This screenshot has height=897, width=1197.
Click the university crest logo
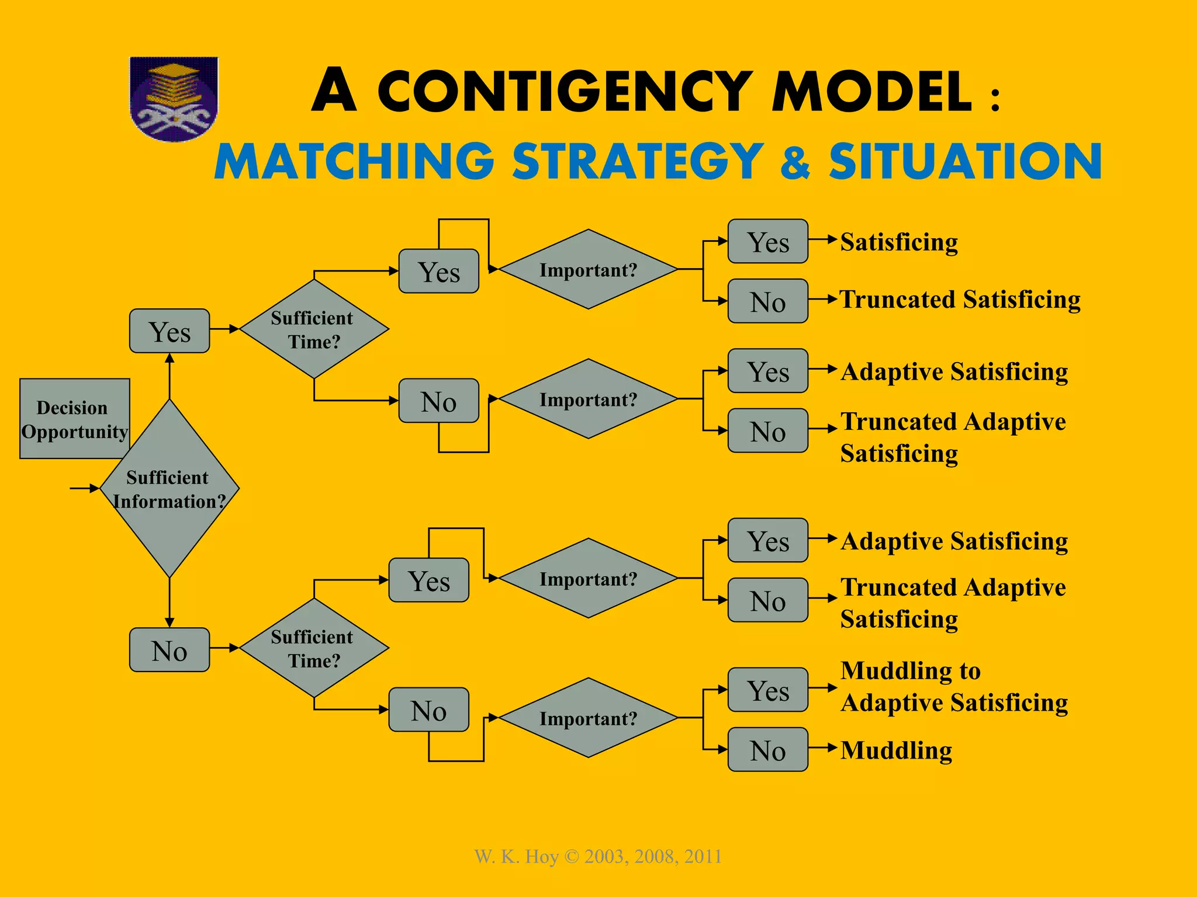pyautogui.click(x=174, y=98)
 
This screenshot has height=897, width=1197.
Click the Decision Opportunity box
pyautogui.click(x=74, y=419)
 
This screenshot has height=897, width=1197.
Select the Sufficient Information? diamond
pyautogui.click(x=169, y=489)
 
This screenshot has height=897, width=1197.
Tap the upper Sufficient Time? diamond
pyautogui.click(x=314, y=329)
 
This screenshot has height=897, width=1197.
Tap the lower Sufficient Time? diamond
pyautogui.click(x=314, y=648)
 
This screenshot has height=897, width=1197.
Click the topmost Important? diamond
pyautogui.click(x=588, y=270)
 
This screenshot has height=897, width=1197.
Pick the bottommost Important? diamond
pyautogui.click(x=588, y=718)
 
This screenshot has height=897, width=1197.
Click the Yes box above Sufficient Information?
pyautogui.click(x=169, y=331)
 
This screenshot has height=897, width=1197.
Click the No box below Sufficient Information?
pyautogui.click(x=169, y=650)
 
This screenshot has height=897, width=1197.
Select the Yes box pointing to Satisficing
pyautogui.click(x=767, y=241)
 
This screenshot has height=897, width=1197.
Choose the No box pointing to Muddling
pyautogui.click(x=767, y=750)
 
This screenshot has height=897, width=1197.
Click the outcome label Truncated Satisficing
pyautogui.click(x=960, y=300)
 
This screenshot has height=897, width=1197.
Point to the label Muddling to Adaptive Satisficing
pyautogui.click(x=954, y=687)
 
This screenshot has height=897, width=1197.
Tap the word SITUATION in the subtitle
pyautogui.click(x=965, y=161)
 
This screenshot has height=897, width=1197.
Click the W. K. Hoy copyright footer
pyautogui.click(x=598, y=857)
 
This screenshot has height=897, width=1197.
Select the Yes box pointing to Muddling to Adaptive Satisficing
pyautogui.click(x=767, y=690)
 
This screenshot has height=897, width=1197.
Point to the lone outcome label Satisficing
pyautogui.click(x=899, y=242)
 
